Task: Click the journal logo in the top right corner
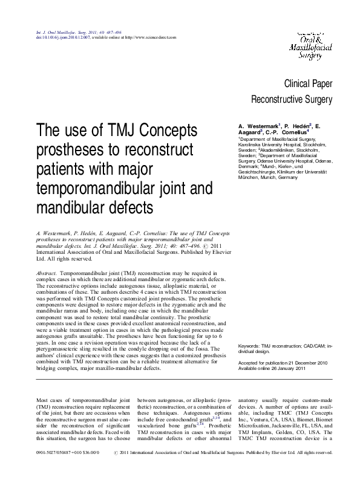click(314, 42)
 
